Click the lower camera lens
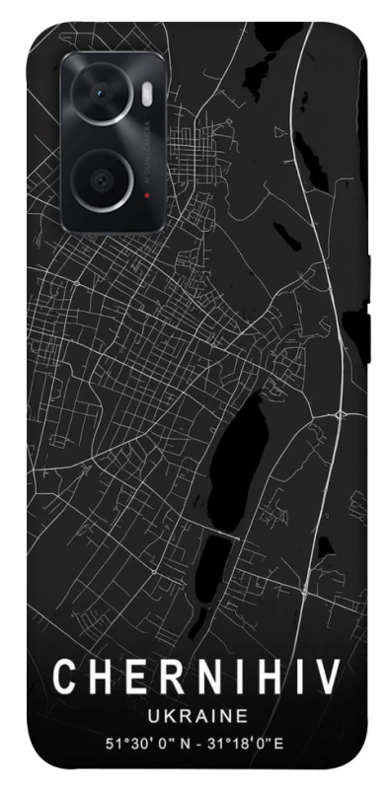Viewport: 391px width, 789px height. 102,179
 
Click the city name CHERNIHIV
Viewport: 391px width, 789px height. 195,679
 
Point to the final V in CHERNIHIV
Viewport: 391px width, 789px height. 328,679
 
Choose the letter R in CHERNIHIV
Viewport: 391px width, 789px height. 164,679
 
